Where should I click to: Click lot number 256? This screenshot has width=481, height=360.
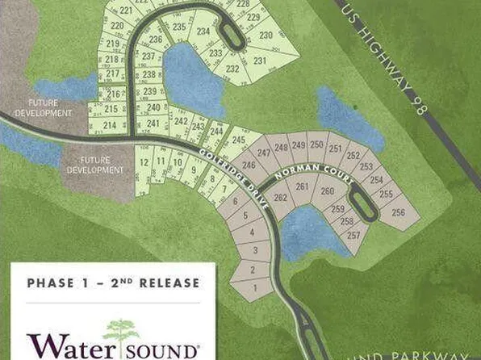point(397,212)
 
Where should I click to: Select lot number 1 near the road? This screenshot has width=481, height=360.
point(256,287)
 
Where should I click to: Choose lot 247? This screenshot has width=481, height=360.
point(263,152)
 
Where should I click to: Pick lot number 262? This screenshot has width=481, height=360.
point(281,197)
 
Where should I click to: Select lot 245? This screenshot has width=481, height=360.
point(238,140)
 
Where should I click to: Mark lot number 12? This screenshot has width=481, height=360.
point(144,163)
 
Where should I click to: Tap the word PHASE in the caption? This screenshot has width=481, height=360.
point(51,283)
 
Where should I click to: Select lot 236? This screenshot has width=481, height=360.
point(156,39)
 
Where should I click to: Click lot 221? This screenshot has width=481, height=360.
point(125,11)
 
